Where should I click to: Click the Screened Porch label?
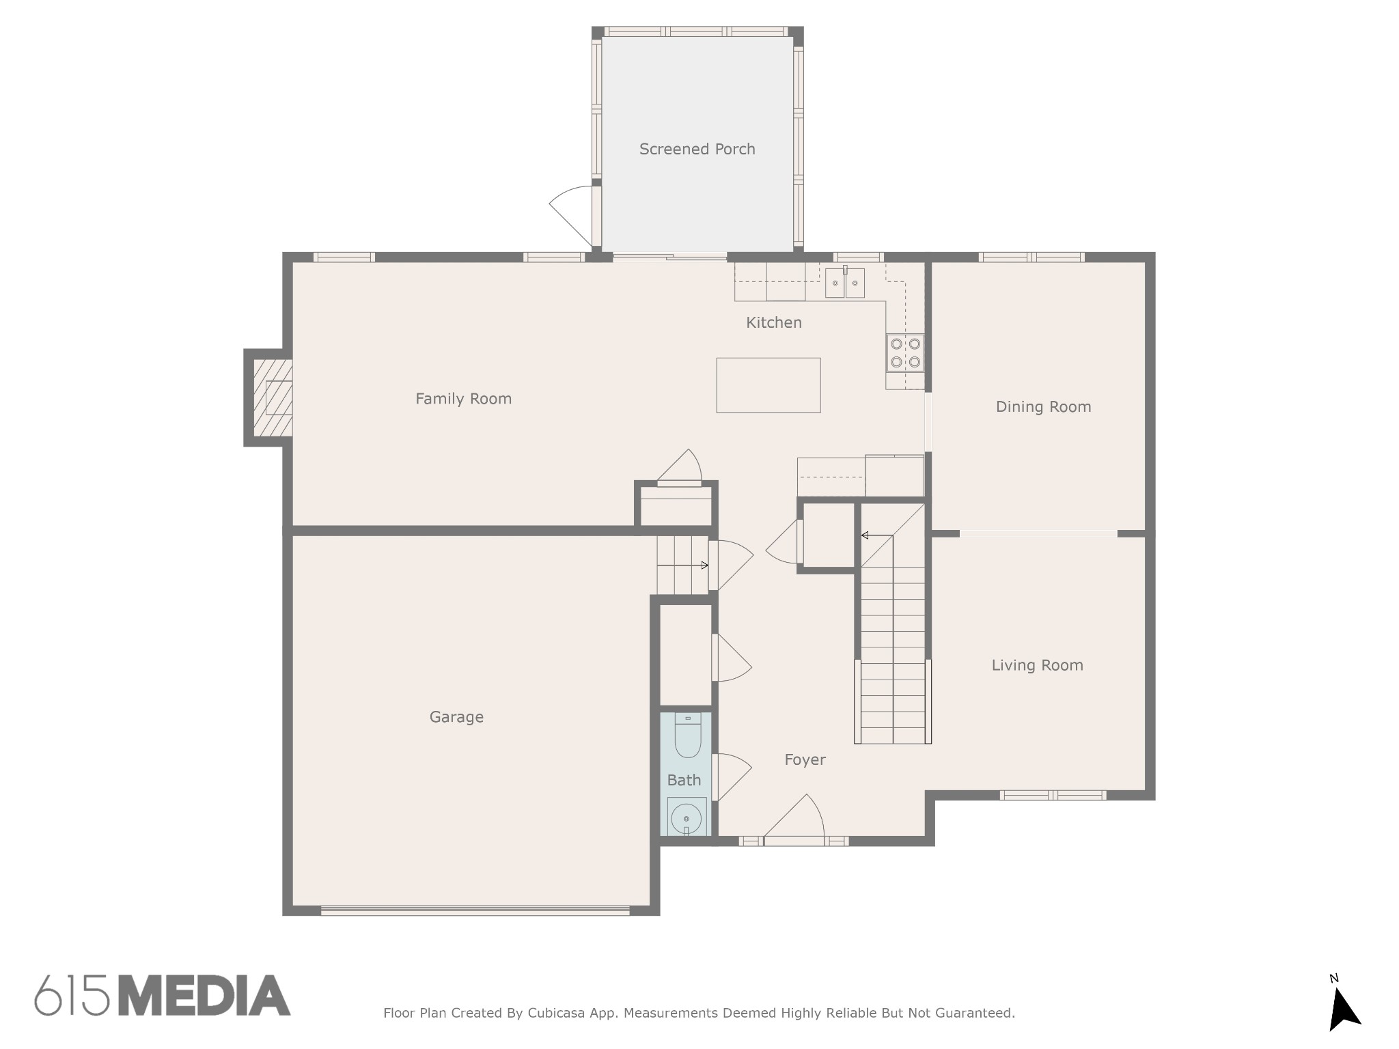coord(697,149)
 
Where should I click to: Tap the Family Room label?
coord(463,399)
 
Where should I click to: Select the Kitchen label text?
coord(773,322)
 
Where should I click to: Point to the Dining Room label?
coord(1043,407)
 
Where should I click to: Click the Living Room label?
coord(1037,665)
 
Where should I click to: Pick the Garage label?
coord(456,717)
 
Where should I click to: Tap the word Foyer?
coord(805,759)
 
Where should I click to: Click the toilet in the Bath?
coord(688,736)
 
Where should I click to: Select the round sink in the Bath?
coord(687,817)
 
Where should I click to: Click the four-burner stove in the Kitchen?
coord(905,352)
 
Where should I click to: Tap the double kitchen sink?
coord(845,283)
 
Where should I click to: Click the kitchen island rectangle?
coord(768,385)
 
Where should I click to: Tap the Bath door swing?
coord(732,777)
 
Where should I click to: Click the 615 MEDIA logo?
coord(163,996)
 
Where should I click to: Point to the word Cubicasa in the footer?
coord(555,1013)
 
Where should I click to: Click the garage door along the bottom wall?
coord(475,910)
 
